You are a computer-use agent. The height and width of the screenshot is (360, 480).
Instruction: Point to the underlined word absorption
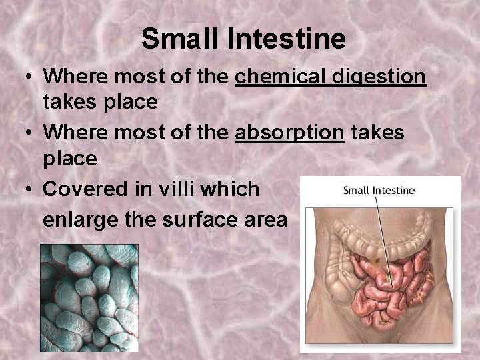pyautogui.click(x=290, y=133)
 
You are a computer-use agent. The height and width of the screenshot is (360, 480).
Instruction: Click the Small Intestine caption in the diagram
pyautogui.click(x=379, y=190)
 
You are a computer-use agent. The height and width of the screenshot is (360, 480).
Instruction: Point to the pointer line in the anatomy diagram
pyautogui.click(x=381, y=233)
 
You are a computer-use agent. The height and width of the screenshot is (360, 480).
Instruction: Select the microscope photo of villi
pyautogui.click(x=89, y=298)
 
